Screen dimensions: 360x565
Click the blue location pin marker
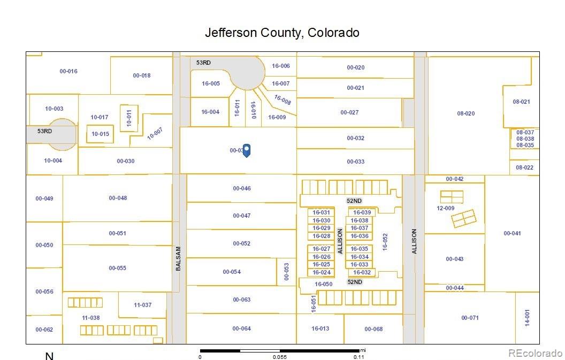[247, 150]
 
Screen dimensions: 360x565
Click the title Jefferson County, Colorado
[282, 33]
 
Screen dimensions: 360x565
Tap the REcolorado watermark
[535, 353]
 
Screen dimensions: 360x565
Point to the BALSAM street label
[178, 258]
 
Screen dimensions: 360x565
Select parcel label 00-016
[68, 71]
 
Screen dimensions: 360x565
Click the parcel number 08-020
[465, 113]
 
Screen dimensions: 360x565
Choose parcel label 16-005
[211, 83]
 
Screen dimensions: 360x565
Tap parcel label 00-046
[242, 188]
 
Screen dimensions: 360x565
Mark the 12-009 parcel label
[446, 208]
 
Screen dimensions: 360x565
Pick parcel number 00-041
[512, 233]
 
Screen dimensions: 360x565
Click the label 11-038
[90, 317]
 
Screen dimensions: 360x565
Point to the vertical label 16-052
[384, 242]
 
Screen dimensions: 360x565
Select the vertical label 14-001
[526, 318]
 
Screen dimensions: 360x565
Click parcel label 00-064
[242, 328]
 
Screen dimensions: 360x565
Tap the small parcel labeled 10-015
[100, 134]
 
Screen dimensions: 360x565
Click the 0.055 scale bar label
[280, 357]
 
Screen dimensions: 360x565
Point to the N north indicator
[49, 356]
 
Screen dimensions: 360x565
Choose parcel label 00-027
[349, 112]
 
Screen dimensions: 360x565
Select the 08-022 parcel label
[524, 167]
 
